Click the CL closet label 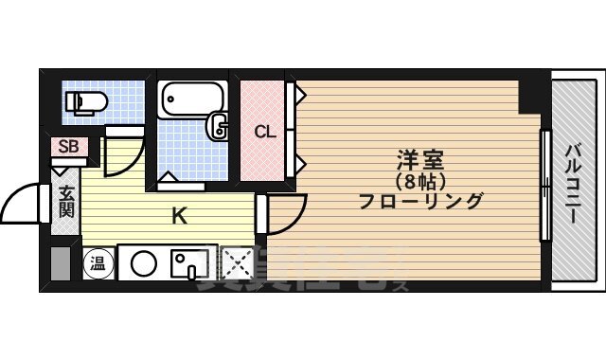[264, 132]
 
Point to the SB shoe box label [68, 147]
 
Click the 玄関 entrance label [66, 202]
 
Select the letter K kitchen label [178, 217]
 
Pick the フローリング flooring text [420, 200]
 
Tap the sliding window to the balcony [544, 185]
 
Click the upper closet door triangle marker [297, 95]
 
